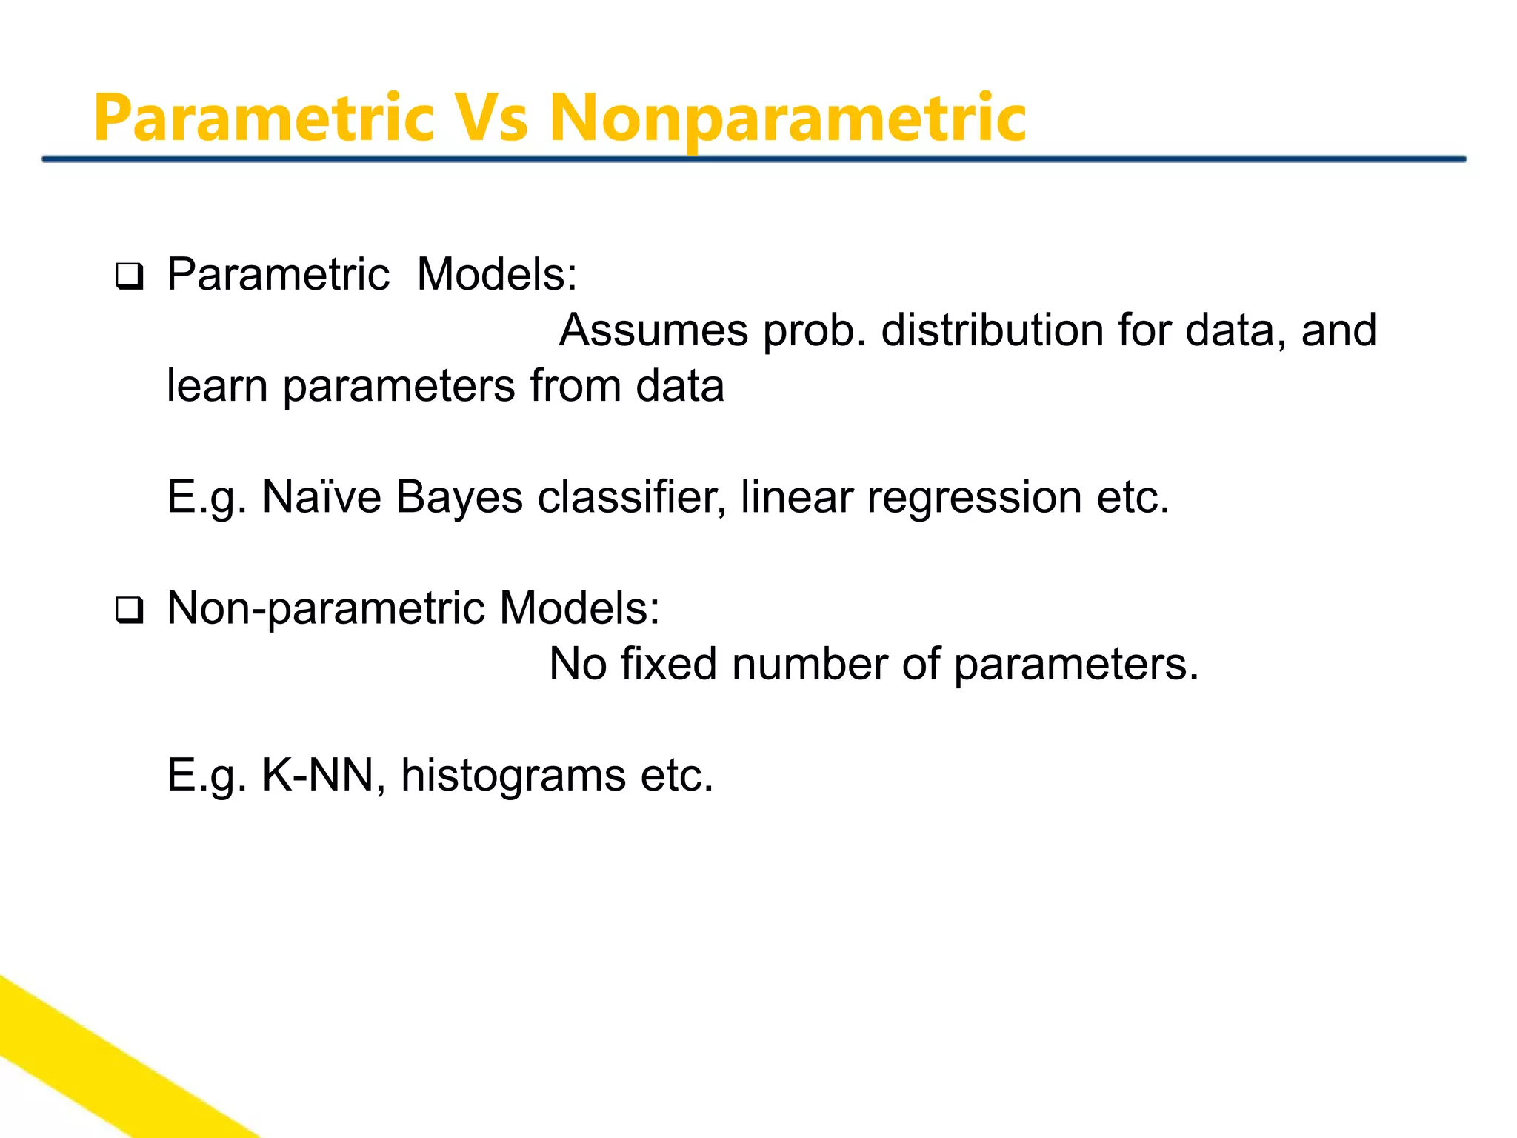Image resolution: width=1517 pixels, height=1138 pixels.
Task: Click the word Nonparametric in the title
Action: (787, 119)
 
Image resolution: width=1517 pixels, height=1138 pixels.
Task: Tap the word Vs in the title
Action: (490, 119)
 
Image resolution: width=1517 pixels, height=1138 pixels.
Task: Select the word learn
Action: (216, 386)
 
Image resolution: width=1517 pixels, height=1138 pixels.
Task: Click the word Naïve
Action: (321, 497)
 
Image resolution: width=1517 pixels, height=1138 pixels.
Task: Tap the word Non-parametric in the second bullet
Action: (326, 609)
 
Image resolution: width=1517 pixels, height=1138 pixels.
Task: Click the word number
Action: (809, 664)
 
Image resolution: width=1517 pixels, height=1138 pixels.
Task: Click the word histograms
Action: (513, 777)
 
